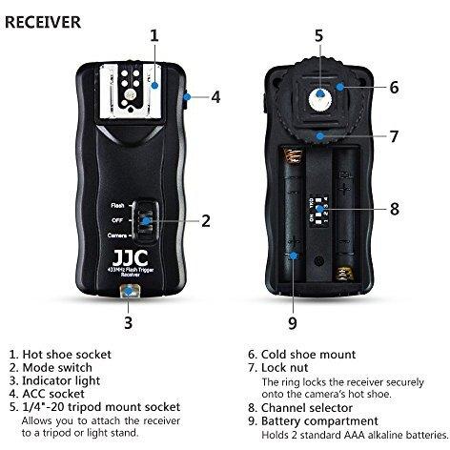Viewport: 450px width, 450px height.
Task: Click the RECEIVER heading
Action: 43,22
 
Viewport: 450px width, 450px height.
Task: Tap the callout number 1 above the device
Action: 154,35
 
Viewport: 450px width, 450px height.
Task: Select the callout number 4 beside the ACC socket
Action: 215,97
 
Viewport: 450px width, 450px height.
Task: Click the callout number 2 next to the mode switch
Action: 206,221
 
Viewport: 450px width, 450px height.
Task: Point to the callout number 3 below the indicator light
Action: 128,322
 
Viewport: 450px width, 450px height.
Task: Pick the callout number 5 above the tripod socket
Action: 319,35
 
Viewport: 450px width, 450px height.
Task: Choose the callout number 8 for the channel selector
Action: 395,209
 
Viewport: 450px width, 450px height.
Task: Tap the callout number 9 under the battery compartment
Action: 293,323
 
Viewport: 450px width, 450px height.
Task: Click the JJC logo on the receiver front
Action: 131,258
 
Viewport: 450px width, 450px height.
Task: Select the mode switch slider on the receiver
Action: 146,221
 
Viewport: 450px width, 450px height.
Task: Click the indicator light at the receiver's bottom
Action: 128,291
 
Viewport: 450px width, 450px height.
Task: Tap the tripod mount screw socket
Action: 320,97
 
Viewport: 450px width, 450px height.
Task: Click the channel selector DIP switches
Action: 318,211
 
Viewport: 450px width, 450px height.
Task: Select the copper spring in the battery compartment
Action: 293,154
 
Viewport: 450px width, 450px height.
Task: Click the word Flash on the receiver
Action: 117,206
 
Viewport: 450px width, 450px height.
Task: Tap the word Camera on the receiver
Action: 117,235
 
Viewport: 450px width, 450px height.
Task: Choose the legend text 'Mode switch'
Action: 57,368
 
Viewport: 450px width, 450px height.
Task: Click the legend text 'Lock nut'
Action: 285,368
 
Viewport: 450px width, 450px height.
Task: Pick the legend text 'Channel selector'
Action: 307,408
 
